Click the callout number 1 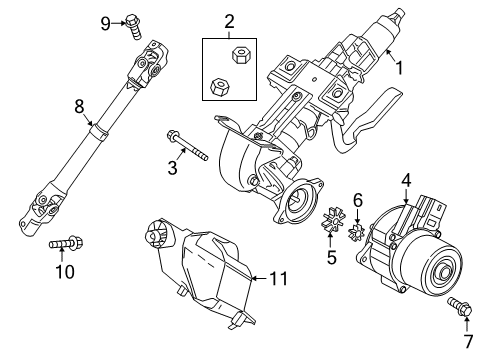(x=399, y=68)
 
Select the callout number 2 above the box (x=229, y=22)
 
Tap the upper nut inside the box (x=239, y=55)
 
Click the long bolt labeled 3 (x=187, y=145)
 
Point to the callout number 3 (x=172, y=168)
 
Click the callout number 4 (x=406, y=181)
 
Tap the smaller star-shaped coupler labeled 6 (x=357, y=232)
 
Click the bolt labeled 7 (x=460, y=307)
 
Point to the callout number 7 (x=468, y=341)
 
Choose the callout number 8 (x=79, y=107)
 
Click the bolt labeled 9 (x=134, y=26)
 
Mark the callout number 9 (x=106, y=24)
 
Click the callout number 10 (x=65, y=272)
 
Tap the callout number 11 (x=278, y=278)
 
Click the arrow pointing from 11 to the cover (x=259, y=278)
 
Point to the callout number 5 (x=331, y=257)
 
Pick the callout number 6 (x=357, y=200)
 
